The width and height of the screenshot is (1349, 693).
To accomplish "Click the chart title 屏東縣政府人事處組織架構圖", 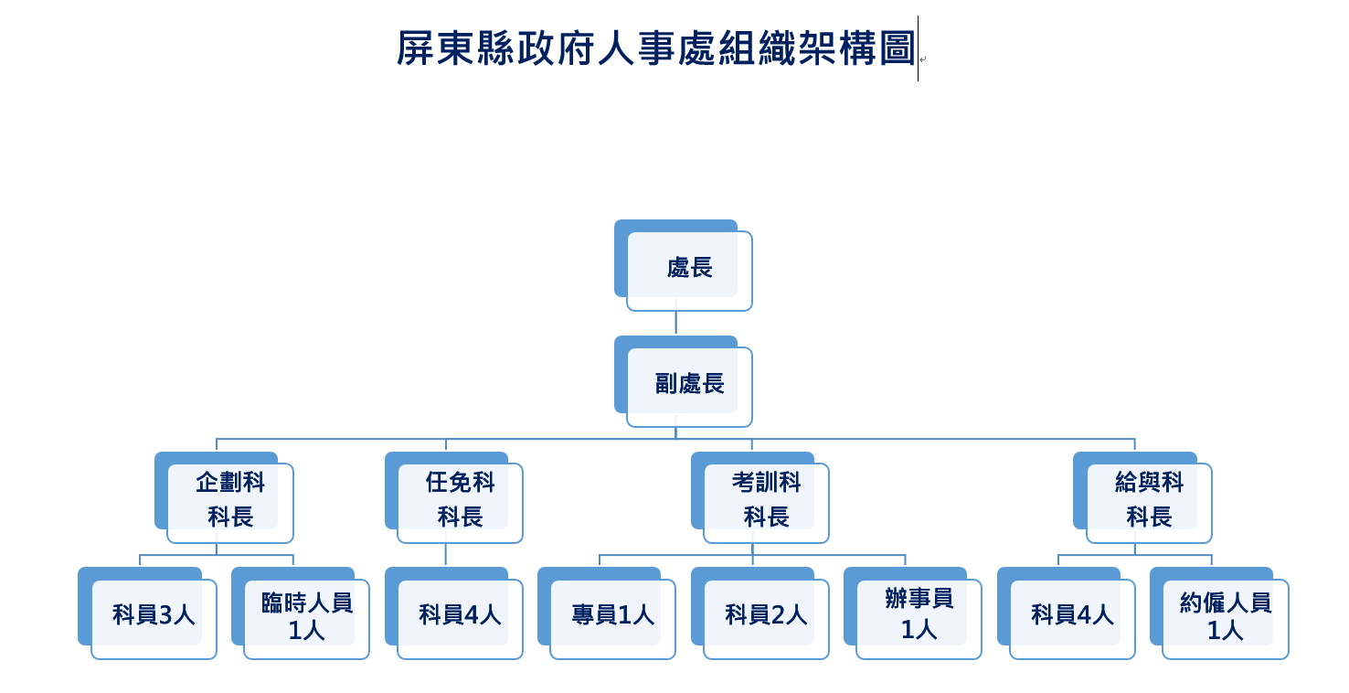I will pyautogui.click(x=654, y=48).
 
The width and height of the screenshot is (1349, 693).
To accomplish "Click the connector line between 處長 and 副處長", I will pyautogui.click(x=676, y=323).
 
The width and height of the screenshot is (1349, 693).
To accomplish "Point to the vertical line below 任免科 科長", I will pyautogui.click(x=446, y=555).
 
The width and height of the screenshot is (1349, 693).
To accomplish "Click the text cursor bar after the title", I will pyautogui.click(x=918, y=48).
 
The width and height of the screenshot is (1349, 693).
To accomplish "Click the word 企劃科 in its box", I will pyautogui.click(x=230, y=483).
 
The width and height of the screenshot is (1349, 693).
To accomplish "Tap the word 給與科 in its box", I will pyautogui.click(x=1149, y=483).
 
